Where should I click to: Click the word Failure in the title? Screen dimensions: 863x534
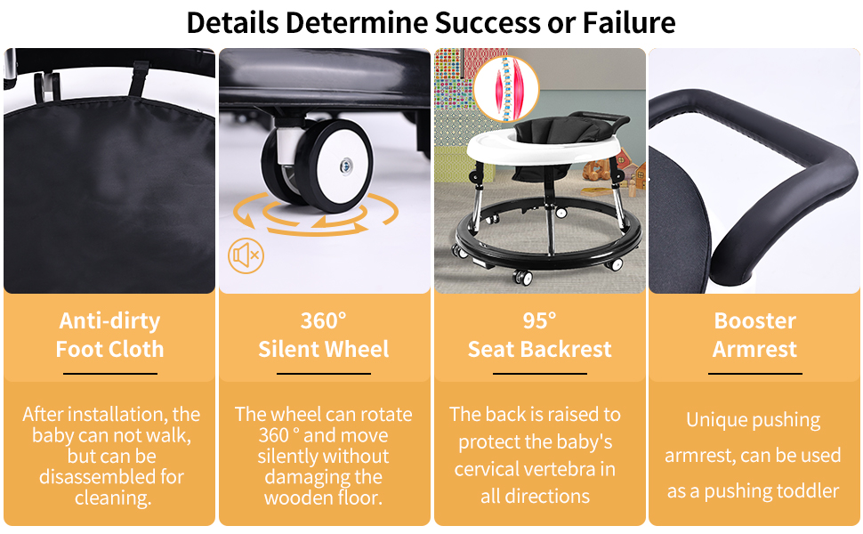coord(629,23)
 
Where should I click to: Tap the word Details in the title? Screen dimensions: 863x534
coord(233,23)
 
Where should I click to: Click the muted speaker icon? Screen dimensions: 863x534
coord(246,256)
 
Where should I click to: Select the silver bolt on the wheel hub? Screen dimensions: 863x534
coord(346,165)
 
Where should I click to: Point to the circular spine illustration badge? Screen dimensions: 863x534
coord(506,89)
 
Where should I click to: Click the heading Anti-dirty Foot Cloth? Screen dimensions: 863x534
coord(110,335)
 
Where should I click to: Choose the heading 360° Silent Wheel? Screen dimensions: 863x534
coord(324,335)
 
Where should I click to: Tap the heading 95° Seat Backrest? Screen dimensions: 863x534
coord(539,335)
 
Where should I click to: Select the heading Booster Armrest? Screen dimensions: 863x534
coord(754,335)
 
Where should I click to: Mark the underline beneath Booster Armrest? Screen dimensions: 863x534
coord(754,374)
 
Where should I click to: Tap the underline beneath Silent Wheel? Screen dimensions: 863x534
coord(324,374)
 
